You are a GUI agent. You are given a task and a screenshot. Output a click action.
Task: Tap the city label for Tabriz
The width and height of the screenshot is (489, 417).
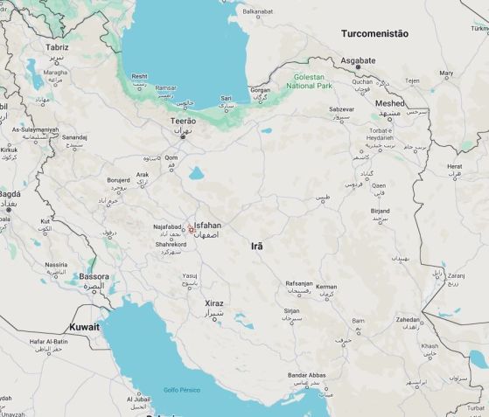[57, 47]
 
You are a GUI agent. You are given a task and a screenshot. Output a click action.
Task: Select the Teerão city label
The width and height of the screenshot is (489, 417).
[183, 122]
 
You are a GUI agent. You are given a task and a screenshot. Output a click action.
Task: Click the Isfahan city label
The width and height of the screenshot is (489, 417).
[207, 225]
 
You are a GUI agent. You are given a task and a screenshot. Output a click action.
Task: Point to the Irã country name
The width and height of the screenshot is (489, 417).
[256, 247]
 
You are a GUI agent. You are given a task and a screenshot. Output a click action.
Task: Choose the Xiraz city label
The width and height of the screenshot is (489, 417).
[213, 303]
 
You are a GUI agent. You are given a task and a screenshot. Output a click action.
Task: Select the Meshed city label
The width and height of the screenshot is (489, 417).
[389, 103]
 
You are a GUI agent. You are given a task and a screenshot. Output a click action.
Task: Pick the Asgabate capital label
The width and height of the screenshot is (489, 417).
[358, 60]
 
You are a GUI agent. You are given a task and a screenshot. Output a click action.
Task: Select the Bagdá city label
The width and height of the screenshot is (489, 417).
[10, 193]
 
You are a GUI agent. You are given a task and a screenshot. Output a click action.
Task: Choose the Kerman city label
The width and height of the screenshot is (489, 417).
[326, 287]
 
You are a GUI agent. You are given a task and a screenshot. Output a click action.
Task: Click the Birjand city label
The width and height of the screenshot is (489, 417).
[380, 211]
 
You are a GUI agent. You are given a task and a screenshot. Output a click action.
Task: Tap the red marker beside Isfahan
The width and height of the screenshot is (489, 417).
[191, 228]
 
